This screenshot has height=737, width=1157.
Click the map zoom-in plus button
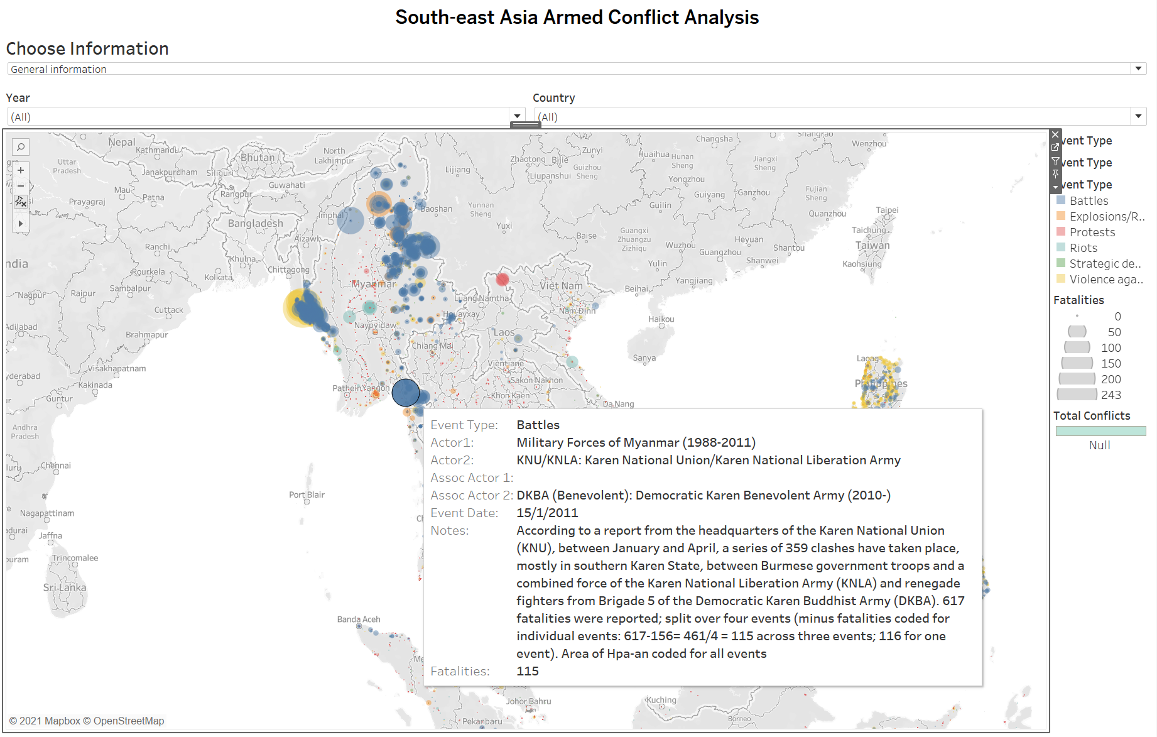coord(21,170)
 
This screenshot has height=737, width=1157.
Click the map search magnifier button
coord(21,147)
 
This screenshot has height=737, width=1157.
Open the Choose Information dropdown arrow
coord(1138,68)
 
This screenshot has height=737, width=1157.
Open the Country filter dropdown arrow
coord(1138,116)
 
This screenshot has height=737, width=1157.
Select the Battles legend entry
coord(1089,201)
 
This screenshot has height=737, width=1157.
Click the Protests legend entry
coord(1092,232)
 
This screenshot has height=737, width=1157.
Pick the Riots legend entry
coord(1084,248)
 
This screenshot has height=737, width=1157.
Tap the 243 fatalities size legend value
coord(1111,395)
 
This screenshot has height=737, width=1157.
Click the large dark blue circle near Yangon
coord(406,393)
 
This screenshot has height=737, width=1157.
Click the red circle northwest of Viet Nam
coord(502,279)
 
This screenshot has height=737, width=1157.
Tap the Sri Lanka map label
coord(65,587)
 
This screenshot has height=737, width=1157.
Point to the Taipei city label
coord(887,210)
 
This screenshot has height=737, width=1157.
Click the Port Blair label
coord(307,495)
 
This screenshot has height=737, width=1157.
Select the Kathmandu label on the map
coord(158,150)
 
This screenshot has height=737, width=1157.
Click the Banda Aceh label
coord(359,620)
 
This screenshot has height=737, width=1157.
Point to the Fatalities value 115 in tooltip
coord(528,671)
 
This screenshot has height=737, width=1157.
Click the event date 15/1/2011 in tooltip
coord(547,513)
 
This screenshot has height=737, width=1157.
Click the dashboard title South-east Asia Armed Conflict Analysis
coord(577,18)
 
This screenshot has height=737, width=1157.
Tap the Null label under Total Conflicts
coord(1099,445)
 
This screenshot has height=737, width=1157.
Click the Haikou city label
coord(661,319)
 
